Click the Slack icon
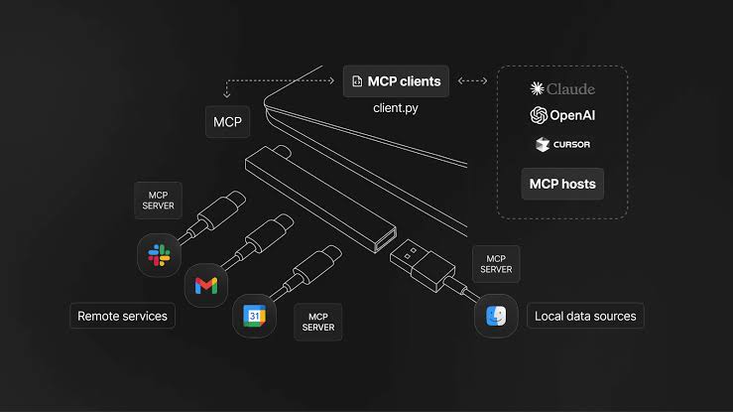(159, 255)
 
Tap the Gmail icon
(206, 285)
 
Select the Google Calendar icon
(254, 316)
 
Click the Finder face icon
(496, 316)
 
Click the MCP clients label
(396, 81)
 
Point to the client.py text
(396, 108)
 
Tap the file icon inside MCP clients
(357, 81)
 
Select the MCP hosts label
(562, 184)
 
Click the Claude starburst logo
(537, 88)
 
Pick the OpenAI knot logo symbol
(539, 115)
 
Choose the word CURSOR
(571, 145)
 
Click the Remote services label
(122, 316)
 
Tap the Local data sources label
(585, 316)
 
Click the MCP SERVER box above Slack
(158, 201)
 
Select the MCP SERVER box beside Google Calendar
(317, 322)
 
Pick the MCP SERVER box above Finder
(496, 264)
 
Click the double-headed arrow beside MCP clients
(472, 80)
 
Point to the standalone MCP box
(228, 121)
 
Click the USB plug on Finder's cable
(423, 265)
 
